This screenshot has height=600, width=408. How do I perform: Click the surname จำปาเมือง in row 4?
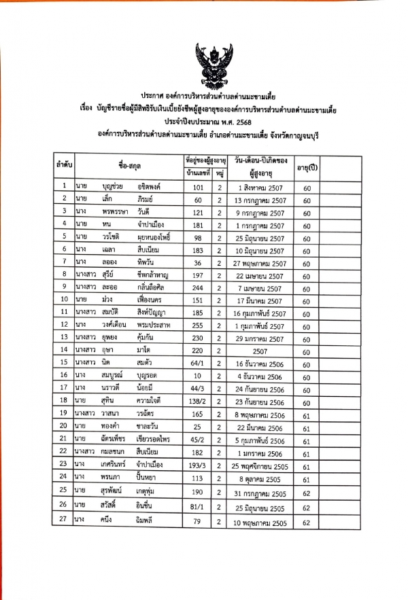coord(153,224)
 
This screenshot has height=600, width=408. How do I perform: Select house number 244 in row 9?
coord(199,287)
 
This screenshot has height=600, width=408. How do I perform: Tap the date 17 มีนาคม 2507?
coord(255,299)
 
